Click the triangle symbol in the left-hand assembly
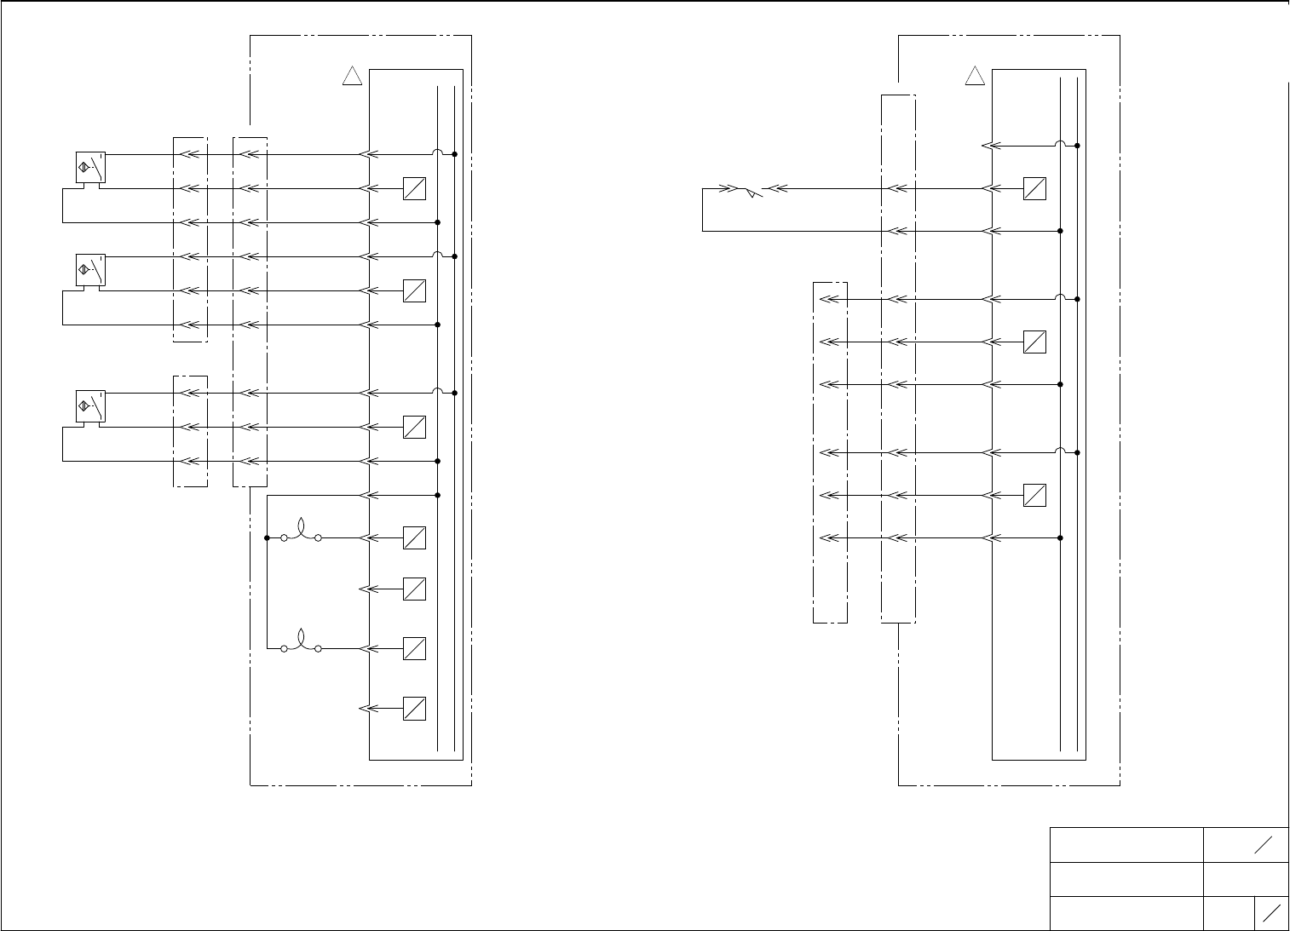click(x=352, y=77)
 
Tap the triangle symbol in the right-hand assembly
click(x=975, y=77)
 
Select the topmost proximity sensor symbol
click(x=89, y=168)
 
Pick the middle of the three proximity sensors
click(x=89, y=270)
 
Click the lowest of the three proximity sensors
click(x=89, y=406)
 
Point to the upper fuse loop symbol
click(x=301, y=532)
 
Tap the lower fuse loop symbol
click(x=301, y=642)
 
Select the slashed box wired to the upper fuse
click(x=414, y=537)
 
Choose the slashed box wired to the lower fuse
click(x=414, y=648)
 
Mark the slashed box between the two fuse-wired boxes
click(x=414, y=589)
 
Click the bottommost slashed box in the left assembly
click(x=414, y=708)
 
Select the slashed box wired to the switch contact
click(x=1034, y=188)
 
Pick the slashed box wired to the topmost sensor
click(x=414, y=188)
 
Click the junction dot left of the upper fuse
click(x=267, y=537)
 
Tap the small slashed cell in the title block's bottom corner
click(x=1271, y=913)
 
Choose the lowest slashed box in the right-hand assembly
click(x=1034, y=495)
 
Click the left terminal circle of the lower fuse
click(x=284, y=648)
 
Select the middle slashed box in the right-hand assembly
click(x=1034, y=342)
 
